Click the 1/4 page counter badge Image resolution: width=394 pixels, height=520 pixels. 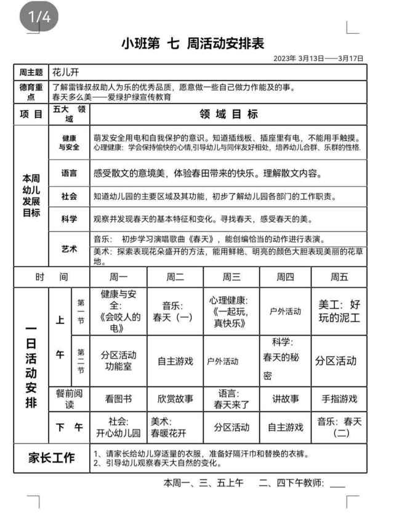click(x=39, y=17)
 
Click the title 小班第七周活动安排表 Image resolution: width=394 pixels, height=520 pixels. click(x=193, y=44)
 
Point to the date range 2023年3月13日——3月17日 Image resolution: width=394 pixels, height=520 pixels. click(x=318, y=59)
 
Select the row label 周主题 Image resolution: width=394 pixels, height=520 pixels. click(x=30, y=73)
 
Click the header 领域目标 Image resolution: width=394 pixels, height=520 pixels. click(x=228, y=114)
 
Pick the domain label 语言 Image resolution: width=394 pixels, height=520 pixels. click(x=69, y=173)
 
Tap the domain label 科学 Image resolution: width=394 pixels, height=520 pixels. click(x=69, y=219)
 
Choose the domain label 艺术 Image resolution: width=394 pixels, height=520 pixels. click(x=69, y=249)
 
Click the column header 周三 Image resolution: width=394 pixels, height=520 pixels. click(x=231, y=277)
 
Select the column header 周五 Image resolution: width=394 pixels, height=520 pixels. click(x=339, y=277)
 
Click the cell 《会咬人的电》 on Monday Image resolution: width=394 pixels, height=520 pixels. click(x=119, y=311)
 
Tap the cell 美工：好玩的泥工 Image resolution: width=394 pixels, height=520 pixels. click(x=339, y=311)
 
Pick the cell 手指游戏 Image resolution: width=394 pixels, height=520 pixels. click(x=339, y=399)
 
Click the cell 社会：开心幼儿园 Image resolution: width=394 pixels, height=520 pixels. click(x=119, y=426)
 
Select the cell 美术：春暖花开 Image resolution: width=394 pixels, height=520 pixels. click(x=175, y=426)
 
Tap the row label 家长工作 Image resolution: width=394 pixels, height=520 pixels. click(x=52, y=458)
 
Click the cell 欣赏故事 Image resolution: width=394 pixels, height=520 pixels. click(x=175, y=399)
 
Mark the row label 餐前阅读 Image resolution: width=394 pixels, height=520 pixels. click(x=69, y=399)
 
